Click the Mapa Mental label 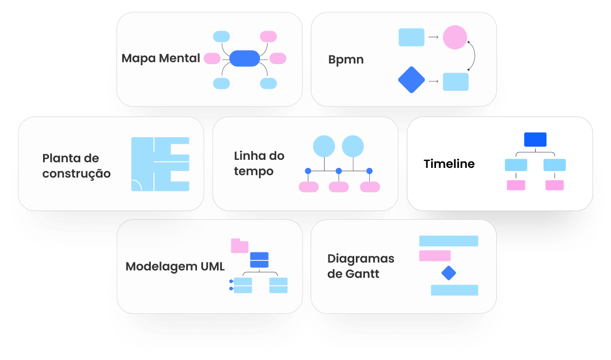(x=160, y=58)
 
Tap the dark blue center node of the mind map (x=245, y=58)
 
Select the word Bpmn (x=346, y=60)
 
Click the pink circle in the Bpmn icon (x=455, y=38)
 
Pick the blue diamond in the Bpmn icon (x=411, y=80)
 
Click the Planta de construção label (x=76, y=166)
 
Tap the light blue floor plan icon (x=160, y=164)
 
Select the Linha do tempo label (x=259, y=164)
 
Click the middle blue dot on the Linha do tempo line (x=339, y=171)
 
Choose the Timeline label (x=449, y=164)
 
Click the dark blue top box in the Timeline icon (x=535, y=139)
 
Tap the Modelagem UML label (x=175, y=267)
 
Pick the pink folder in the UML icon (x=239, y=246)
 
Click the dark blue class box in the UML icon (x=259, y=260)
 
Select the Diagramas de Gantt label (x=361, y=266)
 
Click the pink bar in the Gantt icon (x=434, y=256)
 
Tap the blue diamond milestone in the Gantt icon (x=448, y=273)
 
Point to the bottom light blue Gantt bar (x=454, y=290)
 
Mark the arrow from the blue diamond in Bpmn (x=433, y=82)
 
